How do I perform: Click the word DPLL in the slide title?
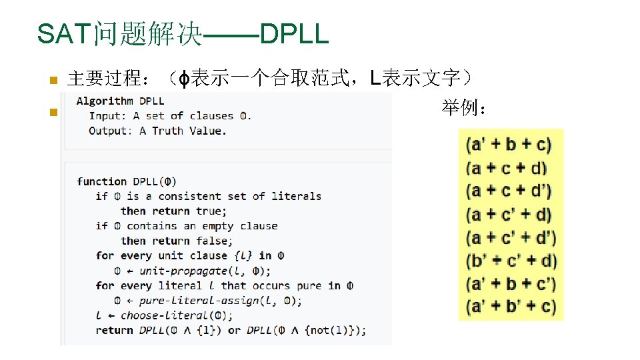point(294,34)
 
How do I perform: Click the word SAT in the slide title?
point(65,34)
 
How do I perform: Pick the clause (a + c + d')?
point(510,191)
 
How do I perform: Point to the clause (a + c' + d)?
point(510,214)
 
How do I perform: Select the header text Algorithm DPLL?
point(120,101)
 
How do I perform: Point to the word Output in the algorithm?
point(110,131)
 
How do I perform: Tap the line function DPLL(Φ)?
point(127,181)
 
